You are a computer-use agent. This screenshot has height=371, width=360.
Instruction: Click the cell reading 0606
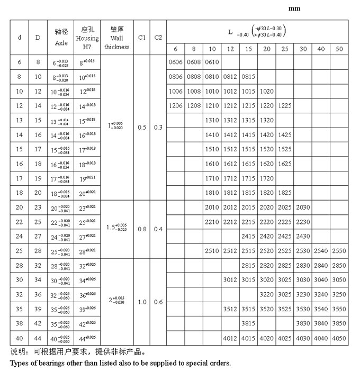pos(175,62)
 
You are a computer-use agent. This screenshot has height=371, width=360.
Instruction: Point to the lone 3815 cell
pos(248,323)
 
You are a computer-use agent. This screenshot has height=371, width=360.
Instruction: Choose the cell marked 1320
pos(266,120)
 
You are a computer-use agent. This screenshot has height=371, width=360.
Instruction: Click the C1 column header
pos(141,38)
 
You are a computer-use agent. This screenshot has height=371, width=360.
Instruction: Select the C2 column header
pos(158,38)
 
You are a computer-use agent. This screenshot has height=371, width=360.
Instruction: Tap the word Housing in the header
pos(87,39)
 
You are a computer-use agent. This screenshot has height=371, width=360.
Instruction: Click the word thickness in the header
pos(116,47)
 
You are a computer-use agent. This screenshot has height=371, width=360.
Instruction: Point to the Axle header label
pos(61,42)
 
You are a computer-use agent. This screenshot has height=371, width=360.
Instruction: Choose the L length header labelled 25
pos(284,49)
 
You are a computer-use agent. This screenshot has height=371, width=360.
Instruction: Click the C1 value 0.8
pos(141,229)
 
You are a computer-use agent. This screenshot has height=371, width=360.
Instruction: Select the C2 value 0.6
pos(158,302)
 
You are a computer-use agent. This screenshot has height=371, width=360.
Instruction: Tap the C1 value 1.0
pos(141,302)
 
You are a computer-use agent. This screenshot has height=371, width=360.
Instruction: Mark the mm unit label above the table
pos(294,9)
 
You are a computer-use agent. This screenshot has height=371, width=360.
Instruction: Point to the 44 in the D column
pos(38,338)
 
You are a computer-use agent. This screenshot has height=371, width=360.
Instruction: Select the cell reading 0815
pos(248,77)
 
